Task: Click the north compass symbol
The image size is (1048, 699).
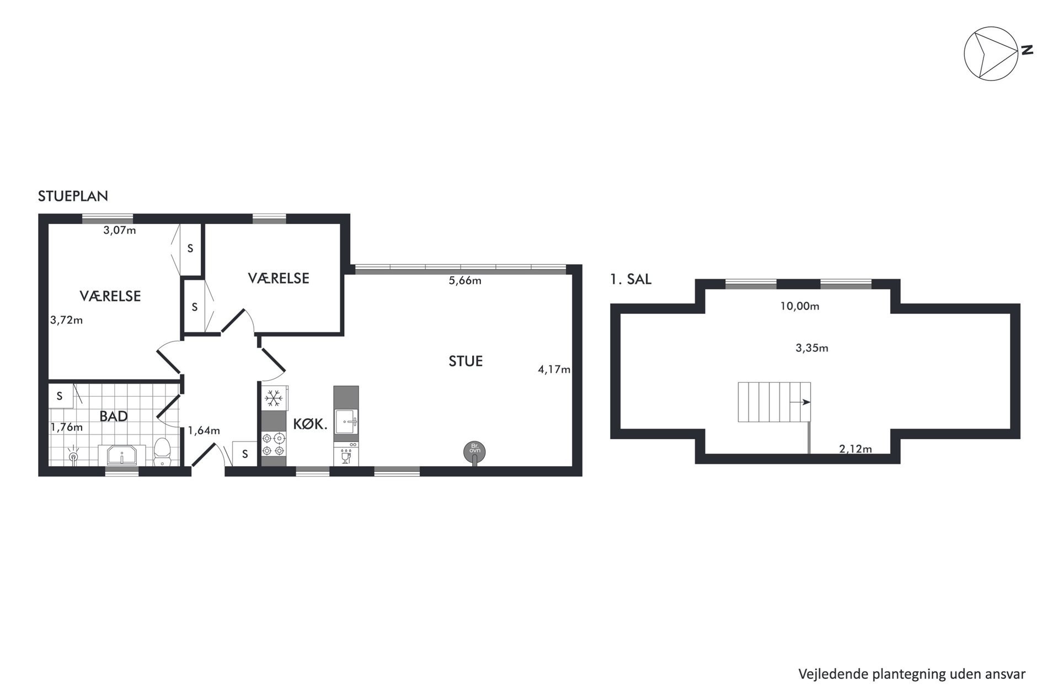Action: click(x=991, y=54)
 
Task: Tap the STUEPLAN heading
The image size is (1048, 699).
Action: click(x=73, y=196)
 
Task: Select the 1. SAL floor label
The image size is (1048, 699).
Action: click(x=630, y=280)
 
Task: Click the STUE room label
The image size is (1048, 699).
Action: click(x=466, y=361)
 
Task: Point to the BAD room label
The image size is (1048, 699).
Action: click(x=114, y=416)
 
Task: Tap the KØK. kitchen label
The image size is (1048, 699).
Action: click(x=311, y=424)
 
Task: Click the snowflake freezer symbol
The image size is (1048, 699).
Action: click(x=274, y=397)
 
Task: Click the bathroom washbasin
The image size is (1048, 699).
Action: click(x=122, y=456)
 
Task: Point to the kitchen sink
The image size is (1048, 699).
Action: click(x=346, y=421)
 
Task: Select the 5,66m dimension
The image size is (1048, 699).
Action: click(x=465, y=280)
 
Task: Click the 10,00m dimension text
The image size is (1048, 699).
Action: click(x=799, y=306)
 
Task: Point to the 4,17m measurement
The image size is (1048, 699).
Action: click(x=554, y=370)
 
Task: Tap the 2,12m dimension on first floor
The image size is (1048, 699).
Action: click(x=855, y=449)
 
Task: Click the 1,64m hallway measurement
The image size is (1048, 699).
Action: click(x=204, y=430)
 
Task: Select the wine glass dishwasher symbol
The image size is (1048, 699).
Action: click(x=346, y=457)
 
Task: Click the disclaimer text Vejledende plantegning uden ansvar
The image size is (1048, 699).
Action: click(x=912, y=674)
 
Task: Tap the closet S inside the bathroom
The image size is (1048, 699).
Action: click(x=60, y=396)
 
